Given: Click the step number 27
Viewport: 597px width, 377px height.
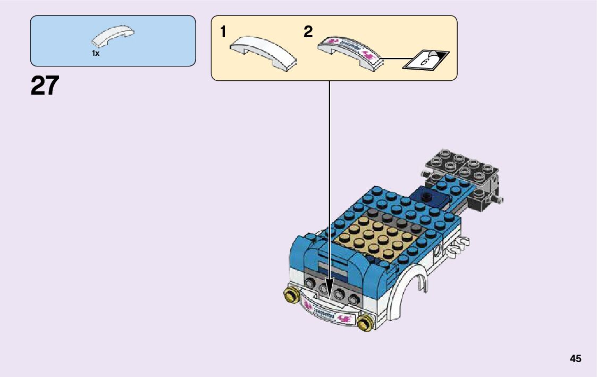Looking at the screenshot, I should pyautogui.click(x=45, y=86).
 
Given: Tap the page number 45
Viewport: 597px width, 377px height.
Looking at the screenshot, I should pyautogui.click(x=575, y=359).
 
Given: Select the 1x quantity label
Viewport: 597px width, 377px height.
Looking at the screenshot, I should pyautogui.click(x=96, y=53).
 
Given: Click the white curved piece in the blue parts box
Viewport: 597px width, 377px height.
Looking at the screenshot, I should pyautogui.click(x=113, y=36).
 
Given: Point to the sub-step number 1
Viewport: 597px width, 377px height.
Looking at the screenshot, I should pyautogui.click(x=224, y=32).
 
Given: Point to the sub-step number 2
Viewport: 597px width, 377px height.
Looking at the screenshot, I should pyautogui.click(x=308, y=32).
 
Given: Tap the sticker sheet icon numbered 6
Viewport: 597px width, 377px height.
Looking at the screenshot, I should pyautogui.click(x=426, y=60).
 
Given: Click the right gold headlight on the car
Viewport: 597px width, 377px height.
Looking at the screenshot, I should pyautogui.click(x=365, y=322).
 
